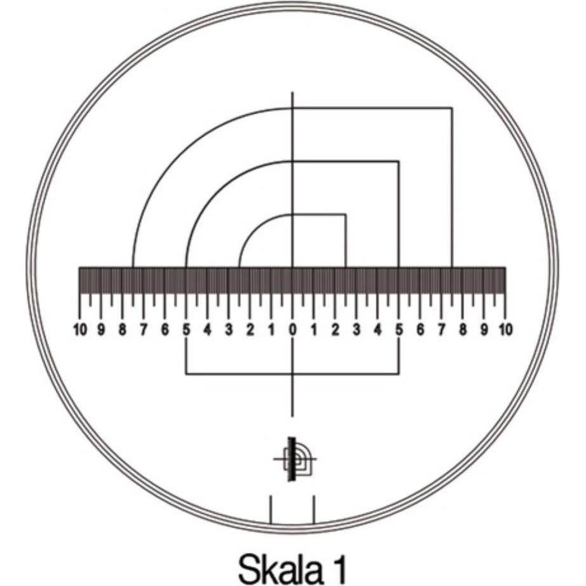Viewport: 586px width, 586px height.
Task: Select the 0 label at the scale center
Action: [x=292, y=330]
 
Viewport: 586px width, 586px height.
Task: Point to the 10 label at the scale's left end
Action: [x=81, y=330]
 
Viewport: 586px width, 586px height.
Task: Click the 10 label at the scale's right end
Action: [x=505, y=330]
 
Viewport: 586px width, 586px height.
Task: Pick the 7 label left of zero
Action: [x=144, y=330]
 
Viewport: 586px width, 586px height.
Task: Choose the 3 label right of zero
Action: [x=357, y=330]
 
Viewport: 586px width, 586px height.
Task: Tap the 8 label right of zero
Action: [x=463, y=330]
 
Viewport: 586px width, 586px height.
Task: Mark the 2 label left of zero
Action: [x=250, y=330]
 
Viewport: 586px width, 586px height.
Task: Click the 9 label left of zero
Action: [x=101, y=330]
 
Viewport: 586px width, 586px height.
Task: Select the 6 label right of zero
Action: [x=420, y=330]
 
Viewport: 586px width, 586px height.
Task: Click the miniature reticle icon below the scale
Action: [x=294, y=459]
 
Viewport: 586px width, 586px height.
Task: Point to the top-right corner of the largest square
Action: [x=452, y=108]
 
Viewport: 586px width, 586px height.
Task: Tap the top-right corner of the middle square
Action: [x=399, y=161]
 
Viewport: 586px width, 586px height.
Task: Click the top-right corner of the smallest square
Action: [x=345, y=214]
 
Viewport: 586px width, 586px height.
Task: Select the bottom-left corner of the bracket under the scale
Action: [x=186, y=373]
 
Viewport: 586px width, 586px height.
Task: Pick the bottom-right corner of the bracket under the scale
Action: [x=399, y=373]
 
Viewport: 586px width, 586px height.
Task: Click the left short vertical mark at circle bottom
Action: [x=271, y=510]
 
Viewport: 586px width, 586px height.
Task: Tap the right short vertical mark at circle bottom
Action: [x=314, y=510]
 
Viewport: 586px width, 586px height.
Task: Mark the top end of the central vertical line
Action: [x=292, y=93]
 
